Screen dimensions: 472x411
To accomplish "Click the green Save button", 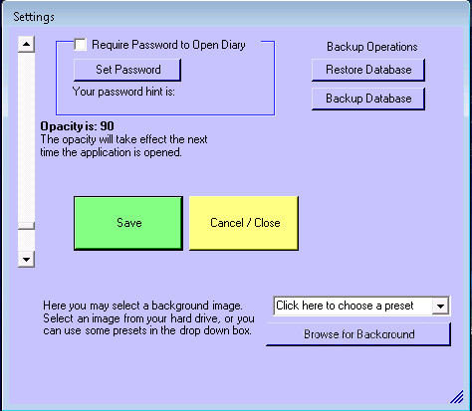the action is [x=128, y=223].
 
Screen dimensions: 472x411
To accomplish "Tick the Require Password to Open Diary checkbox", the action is [x=80, y=45].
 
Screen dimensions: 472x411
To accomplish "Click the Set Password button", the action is [x=127, y=70].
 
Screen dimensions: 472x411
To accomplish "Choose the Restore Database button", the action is [x=368, y=70].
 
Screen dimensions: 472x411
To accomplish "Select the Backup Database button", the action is [x=368, y=99].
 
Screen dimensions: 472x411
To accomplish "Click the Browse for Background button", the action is [x=358, y=334].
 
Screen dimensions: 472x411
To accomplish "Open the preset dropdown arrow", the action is [x=440, y=306].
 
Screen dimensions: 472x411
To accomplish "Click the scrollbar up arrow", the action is [x=26, y=44].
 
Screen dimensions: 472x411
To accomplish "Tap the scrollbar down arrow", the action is [x=26, y=259].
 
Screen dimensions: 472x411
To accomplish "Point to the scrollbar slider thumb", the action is [x=26, y=226].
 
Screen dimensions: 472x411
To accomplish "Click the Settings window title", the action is [x=34, y=17].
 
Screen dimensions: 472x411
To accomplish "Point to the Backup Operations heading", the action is [x=372, y=47].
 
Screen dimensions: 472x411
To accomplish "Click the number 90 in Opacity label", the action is [x=108, y=126].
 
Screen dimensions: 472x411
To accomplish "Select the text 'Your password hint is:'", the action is [x=123, y=92].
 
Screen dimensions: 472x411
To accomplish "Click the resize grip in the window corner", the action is [x=457, y=397].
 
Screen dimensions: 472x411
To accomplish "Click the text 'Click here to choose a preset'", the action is [x=345, y=306].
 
